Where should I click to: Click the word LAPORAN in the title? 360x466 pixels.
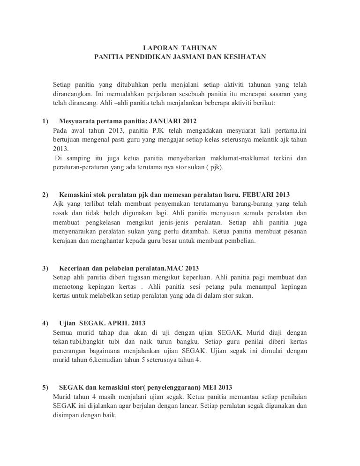tap(157, 48)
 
